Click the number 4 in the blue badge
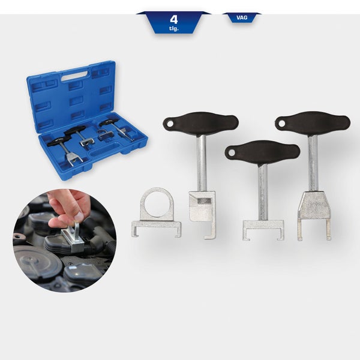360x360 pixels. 174,19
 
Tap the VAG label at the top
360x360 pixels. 242,18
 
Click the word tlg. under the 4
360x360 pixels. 174,28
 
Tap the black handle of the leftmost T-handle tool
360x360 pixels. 202,123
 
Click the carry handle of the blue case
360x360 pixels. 73,77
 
